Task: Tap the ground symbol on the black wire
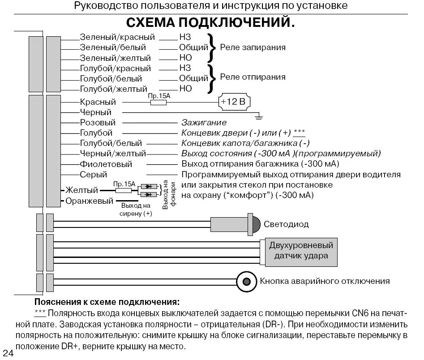[x=258, y=117]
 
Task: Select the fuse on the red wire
[x=158, y=103]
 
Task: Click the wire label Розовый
[x=98, y=123]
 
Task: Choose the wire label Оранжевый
[x=90, y=201]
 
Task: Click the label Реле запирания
[x=253, y=47]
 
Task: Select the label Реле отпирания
[x=253, y=77]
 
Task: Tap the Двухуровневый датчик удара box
[x=301, y=251]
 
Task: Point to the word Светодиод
[x=286, y=224]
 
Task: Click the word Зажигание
[x=204, y=123]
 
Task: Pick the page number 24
[x=9, y=353]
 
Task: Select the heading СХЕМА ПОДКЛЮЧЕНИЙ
[x=210, y=23]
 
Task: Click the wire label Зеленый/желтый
[x=115, y=58]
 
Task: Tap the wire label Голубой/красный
[x=115, y=69]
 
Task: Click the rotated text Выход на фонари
[x=169, y=194]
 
